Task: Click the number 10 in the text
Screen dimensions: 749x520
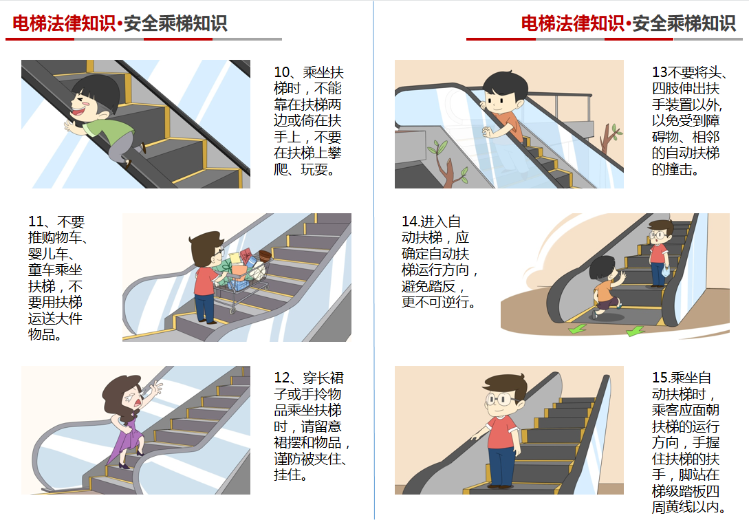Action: pos(282,72)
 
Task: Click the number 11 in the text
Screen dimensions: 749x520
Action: pos(36,221)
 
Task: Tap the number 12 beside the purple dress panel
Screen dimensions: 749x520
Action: pos(282,378)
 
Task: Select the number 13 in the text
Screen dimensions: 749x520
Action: pos(660,72)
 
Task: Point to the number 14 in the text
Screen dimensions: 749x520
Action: pos(410,221)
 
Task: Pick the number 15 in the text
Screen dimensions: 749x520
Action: pos(660,378)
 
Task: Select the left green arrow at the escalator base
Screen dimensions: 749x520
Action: pos(578,329)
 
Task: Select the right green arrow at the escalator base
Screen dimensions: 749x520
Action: pos(636,330)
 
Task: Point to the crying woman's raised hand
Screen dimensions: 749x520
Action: pos(155,387)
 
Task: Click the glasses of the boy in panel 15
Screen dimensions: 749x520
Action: pos(500,399)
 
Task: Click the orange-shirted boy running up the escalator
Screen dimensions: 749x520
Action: pos(607,287)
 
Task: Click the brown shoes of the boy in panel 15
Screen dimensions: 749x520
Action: pos(499,486)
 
